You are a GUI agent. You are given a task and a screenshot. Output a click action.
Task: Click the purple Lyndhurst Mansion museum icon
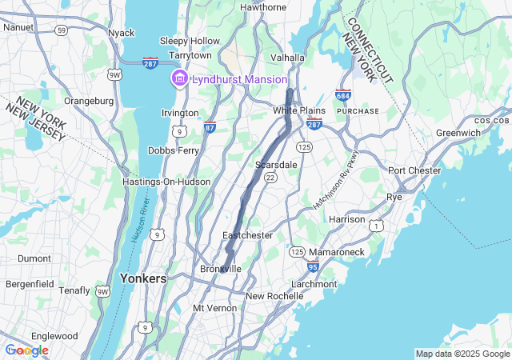tap(179, 78)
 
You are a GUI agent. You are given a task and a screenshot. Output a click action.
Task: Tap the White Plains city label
tap(299, 110)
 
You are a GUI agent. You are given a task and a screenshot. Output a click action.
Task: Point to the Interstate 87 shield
tap(210, 126)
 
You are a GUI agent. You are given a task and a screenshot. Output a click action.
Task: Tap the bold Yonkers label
tap(142, 278)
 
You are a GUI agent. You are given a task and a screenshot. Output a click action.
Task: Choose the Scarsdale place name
tap(276, 164)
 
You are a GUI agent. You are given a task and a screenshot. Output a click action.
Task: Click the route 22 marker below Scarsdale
tap(270, 178)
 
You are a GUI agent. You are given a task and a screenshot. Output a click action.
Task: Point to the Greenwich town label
tap(458, 133)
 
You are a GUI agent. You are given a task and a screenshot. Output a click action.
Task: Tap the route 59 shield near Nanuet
tap(61, 30)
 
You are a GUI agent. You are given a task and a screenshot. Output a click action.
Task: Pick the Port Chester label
tap(414, 170)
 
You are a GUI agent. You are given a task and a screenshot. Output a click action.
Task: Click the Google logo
tap(27, 350)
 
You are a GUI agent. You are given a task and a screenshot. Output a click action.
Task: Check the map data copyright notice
tap(462, 354)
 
